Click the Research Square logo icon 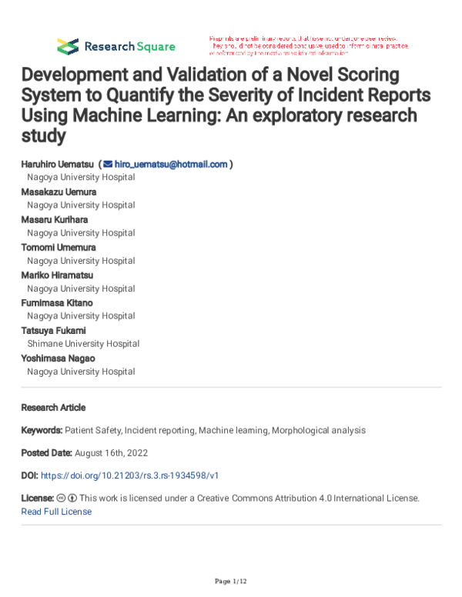[x=68, y=45]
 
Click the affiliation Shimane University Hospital [x=83, y=344]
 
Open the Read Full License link [x=56, y=512]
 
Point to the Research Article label [x=53, y=407]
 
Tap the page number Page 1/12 [x=231, y=579]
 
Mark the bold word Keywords [x=42, y=430]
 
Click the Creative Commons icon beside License [x=62, y=499]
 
